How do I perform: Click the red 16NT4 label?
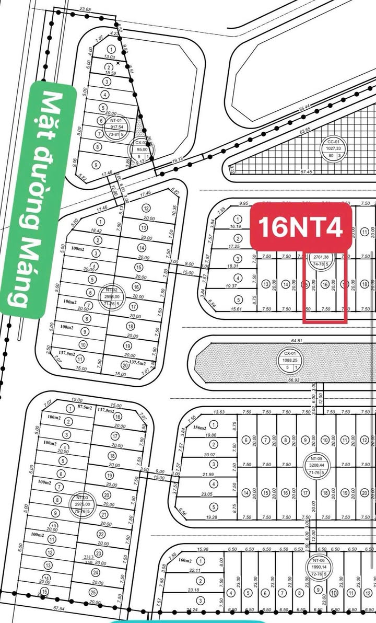click(301, 227)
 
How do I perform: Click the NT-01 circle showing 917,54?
click(117, 127)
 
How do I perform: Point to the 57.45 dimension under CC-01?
click(306, 171)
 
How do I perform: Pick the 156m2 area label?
click(199, 428)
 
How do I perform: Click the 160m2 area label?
click(185, 561)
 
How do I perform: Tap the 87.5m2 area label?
click(85, 407)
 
